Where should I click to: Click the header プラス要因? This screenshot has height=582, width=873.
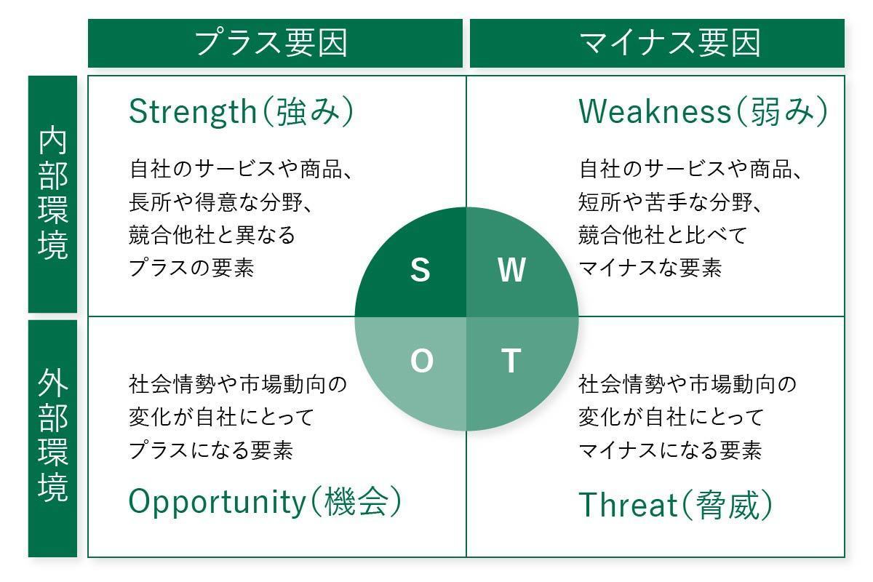(271, 43)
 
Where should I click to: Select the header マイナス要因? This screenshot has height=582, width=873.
(669, 43)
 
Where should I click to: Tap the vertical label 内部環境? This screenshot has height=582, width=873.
(53, 194)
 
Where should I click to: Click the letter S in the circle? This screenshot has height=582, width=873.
(420, 270)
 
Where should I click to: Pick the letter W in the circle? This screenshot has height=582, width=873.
(511, 270)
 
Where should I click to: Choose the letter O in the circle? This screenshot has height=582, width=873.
(421, 361)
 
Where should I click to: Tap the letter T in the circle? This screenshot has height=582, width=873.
(511, 361)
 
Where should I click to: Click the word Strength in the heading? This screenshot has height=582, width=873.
(189, 112)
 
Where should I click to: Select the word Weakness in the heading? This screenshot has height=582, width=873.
(654, 112)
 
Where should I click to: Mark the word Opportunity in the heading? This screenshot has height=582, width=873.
(215, 503)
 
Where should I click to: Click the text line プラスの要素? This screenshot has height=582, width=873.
(191, 268)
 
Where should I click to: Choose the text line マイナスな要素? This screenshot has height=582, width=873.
(650, 268)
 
